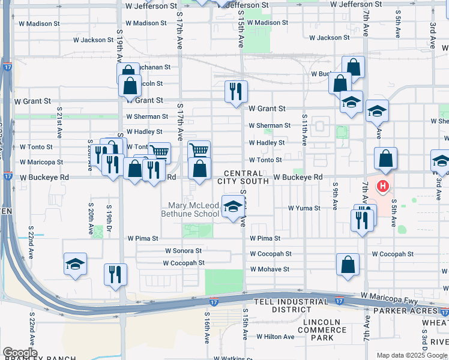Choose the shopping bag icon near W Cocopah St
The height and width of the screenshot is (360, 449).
(x=348, y=265)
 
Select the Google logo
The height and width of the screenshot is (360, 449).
(x=20, y=353)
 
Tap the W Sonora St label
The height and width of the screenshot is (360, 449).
(x=183, y=251)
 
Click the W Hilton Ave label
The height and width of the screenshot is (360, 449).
(x=276, y=337)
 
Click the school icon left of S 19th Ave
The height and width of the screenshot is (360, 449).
(x=75, y=264)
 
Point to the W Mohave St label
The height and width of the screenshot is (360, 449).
(x=270, y=269)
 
